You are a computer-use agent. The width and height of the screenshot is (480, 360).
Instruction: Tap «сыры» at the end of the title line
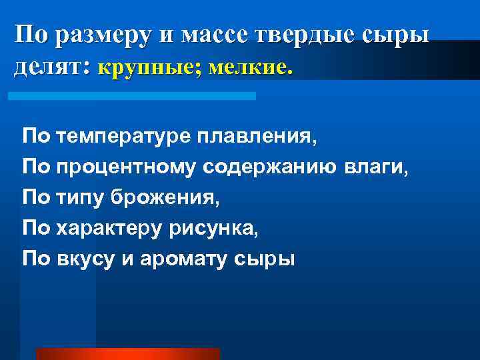pyautogui.click(x=403, y=35)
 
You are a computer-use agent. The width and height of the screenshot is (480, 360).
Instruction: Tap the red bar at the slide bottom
pyautogui.click(x=127, y=353)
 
